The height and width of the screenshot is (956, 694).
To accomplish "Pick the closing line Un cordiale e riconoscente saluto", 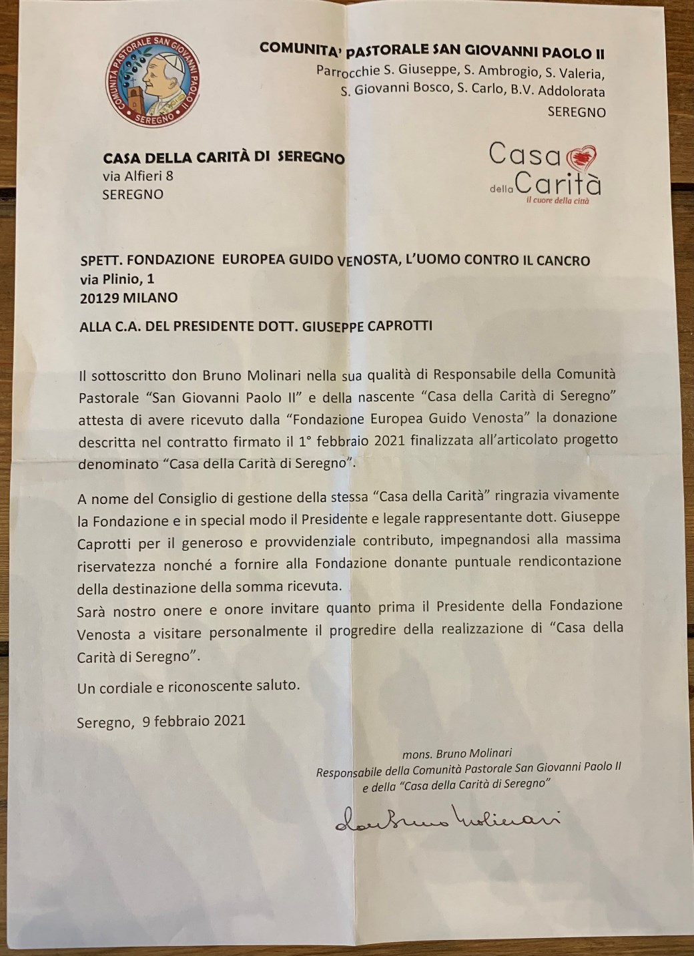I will pos(189,686).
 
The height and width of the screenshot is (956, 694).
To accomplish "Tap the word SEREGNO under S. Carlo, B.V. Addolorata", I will pos(576,112).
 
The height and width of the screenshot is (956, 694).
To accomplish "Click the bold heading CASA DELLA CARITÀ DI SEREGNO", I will pos(224,158).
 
